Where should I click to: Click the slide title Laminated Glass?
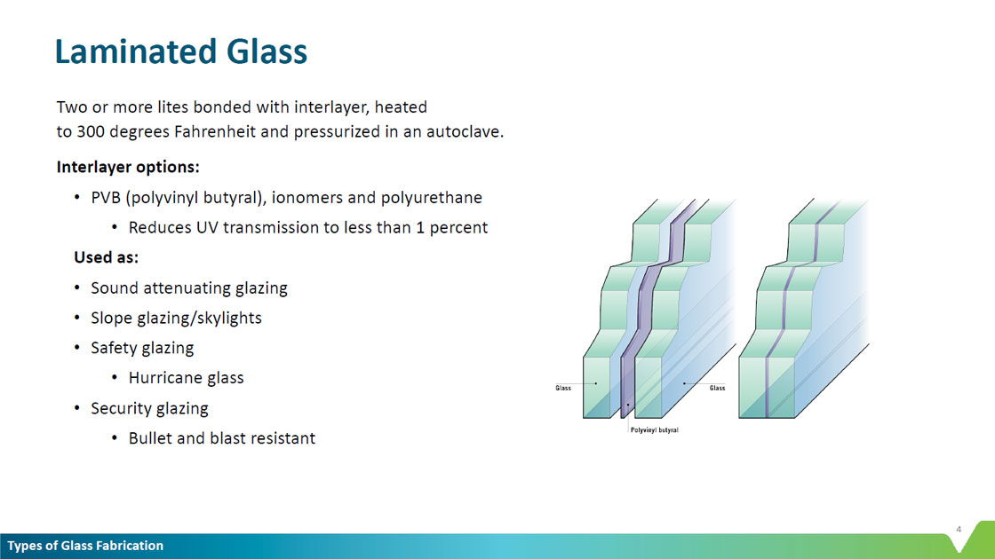tap(181, 52)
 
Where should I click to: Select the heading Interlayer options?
tap(128, 167)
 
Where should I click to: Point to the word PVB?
tap(106, 198)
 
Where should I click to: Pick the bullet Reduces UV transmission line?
tap(307, 227)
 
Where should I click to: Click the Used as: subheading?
tap(106, 257)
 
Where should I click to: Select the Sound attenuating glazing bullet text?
tap(189, 288)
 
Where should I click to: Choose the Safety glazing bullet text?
tap(142, 348)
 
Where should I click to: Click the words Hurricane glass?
tap(186, 378)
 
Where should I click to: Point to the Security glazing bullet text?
tap(149, 408)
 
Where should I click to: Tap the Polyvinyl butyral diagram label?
tap(654, 429)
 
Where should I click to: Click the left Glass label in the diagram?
tap(563, 388)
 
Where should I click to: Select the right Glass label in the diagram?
tap(717, 388)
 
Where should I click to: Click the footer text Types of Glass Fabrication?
tap(85, 546)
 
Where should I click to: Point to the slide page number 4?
tap(959, 529)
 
